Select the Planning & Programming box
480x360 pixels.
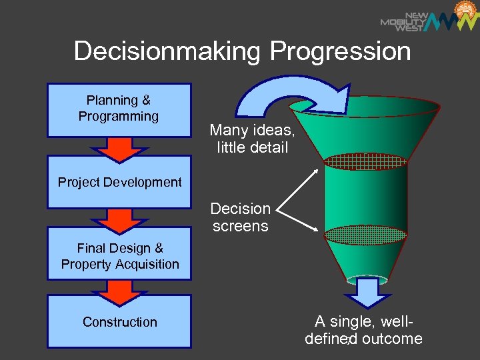[119, 109]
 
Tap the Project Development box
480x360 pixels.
[119, 182]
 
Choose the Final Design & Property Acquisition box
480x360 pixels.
[119, 256]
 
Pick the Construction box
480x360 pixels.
[119, 322]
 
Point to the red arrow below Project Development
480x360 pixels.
[119, 219]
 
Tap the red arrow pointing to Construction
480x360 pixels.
[119, 292]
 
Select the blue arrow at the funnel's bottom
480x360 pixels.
[365, 291]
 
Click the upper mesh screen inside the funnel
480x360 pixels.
[365, 160]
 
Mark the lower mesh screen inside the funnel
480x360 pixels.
[365, 234]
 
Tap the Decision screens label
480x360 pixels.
[241, 217]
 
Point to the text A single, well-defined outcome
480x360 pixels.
[364, 331]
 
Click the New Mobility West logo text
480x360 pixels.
[403, 21]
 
